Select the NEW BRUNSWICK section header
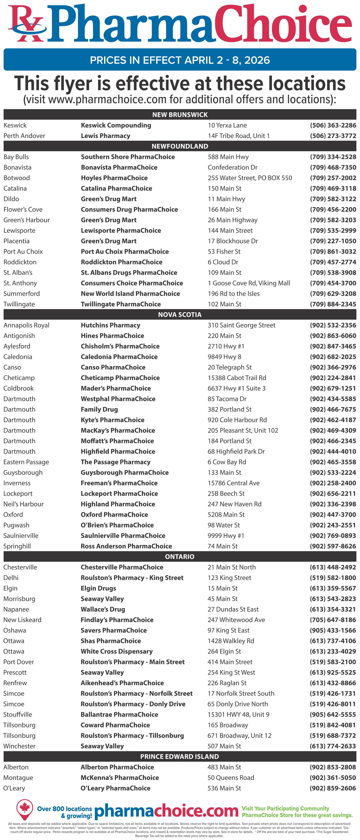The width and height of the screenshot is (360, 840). coord(180,114)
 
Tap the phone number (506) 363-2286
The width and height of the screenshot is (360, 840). coord(333,125)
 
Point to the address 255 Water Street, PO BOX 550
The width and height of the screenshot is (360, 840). coord(250,178)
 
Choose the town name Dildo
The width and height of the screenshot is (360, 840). coord(11,199)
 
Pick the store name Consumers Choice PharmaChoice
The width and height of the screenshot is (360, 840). coord(132,283)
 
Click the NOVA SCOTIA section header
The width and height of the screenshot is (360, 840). coord(180,314)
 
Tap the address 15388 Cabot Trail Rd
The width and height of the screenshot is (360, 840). coord(237,378)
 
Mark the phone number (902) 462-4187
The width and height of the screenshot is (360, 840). coord(333,420)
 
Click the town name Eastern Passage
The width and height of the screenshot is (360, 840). coord(26,462)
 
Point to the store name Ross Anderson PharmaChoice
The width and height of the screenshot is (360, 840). coord(126,546)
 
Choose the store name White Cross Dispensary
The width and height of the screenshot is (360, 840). coord(116,651)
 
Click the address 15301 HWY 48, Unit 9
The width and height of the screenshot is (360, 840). coord(238,714)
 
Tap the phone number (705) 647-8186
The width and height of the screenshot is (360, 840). coord(333,620)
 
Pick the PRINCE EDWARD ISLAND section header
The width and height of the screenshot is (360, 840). coord(180,756)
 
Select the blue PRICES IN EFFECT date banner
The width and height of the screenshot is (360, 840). coord(180,60)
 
